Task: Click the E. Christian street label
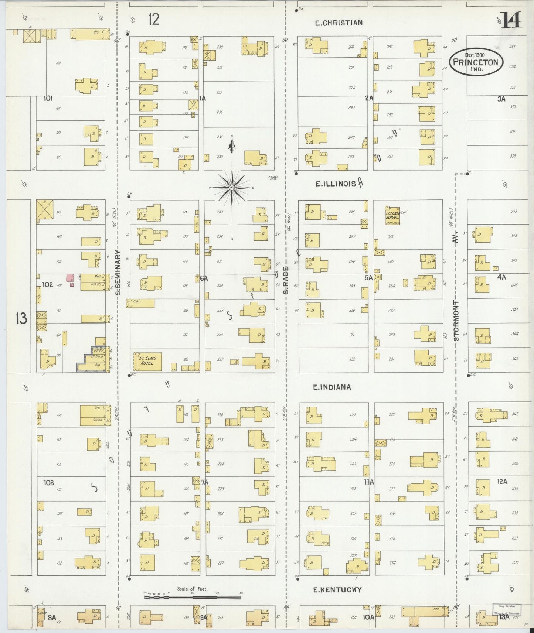coord(339,23)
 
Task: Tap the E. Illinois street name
coord(336,183)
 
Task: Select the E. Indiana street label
coord(332,387)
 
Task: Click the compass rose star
coord(232,188)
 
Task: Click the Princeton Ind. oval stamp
coord(476,62)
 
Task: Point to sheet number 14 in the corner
coord(512,20)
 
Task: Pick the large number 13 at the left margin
coord(21,318)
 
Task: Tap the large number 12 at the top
coord(153,19)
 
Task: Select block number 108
coord(48,482)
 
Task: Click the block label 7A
coord(205,482)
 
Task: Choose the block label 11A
coord(368,482)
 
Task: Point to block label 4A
coord(501,277)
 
